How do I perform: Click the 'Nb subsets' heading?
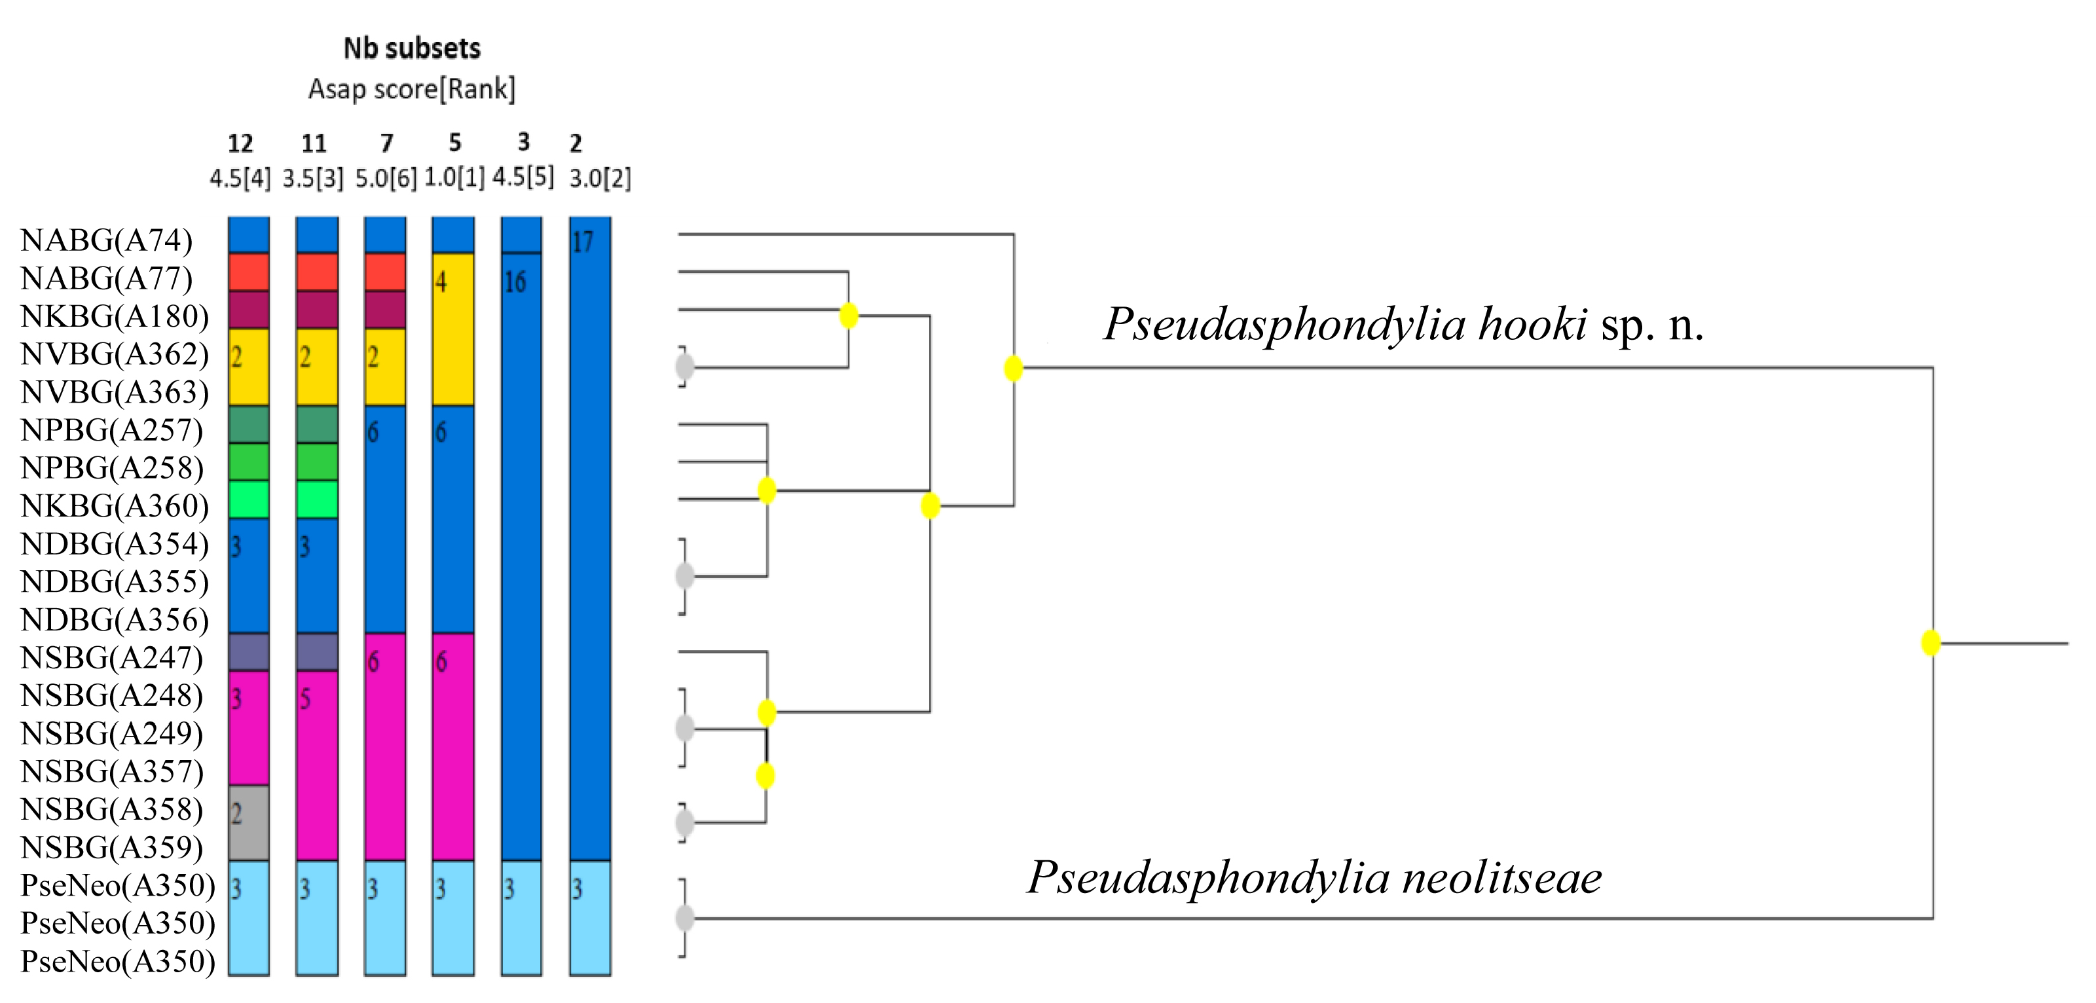pos(412,49)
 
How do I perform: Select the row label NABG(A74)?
pos(107,240)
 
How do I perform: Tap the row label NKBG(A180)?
pos(115,316)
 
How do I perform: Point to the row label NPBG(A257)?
pos(111,429)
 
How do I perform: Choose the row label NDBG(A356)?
pos(115,620)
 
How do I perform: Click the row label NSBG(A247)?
pos(111,657)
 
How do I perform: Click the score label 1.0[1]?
pos(454,177)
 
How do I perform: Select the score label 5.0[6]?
pos(386,178)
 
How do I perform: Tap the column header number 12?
pos(240,144)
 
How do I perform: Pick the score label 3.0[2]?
pos(600,178)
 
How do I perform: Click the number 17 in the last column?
pos(583,242)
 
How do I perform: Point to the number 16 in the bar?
pos(515,282)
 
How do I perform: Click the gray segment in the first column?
pos(248,822)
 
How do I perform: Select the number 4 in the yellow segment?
pos(441,282)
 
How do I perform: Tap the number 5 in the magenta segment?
pos(305,699)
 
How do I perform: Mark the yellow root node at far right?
pos(1931,643)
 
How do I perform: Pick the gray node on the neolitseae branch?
pos(685,919)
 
